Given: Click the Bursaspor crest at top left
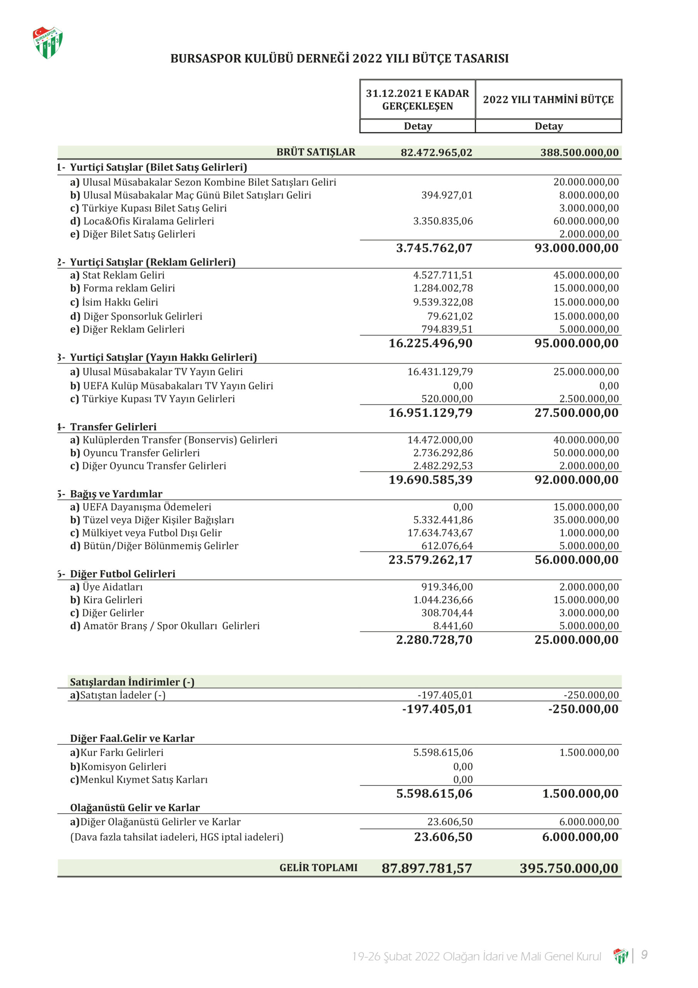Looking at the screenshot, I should (48, 42).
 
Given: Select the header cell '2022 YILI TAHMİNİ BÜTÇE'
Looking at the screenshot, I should (548, 100).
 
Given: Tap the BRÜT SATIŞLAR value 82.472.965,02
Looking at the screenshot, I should (436, 152).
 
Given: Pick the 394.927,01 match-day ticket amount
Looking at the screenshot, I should (447, 195).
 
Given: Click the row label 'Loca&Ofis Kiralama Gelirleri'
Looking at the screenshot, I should (148, 221).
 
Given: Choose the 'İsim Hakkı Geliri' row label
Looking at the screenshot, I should (120, 303).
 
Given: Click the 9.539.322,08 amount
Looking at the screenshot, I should (443, 303).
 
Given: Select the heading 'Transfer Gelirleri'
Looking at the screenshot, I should (113, 427).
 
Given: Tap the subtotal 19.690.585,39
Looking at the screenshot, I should (430, 480).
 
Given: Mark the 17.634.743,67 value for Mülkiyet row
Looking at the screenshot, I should (440, 533).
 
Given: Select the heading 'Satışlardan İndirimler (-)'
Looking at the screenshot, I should (132, 682).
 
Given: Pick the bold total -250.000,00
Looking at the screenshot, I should (583, 709).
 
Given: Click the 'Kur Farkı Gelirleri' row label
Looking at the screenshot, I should (122, 753).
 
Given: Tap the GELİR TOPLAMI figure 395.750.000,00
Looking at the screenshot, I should (568, 868).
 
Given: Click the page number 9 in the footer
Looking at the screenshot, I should (644, 955).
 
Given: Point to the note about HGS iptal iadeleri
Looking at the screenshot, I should (177, 837).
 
